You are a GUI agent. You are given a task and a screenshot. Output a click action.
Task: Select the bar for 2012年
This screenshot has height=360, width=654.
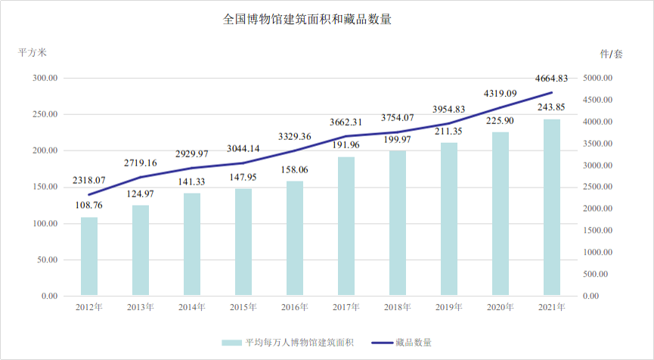pos(89,256)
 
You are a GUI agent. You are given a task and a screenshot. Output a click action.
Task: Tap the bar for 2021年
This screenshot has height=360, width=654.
pos(552,207)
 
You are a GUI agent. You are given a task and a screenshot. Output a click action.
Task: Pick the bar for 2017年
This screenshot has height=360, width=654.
pos(346,226)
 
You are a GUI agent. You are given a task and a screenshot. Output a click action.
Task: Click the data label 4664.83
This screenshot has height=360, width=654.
pos(552,78)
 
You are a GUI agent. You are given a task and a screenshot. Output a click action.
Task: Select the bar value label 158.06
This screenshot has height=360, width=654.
pos(295,171)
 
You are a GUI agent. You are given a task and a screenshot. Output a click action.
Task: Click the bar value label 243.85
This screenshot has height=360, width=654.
pos(552,107)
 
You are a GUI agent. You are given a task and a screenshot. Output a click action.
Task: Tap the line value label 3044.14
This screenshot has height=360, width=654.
pos(243,148)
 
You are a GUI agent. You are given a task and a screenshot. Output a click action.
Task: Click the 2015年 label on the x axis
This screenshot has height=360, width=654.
pos(243,307)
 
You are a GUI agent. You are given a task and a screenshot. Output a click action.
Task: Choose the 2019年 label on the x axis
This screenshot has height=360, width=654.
pos(449,307)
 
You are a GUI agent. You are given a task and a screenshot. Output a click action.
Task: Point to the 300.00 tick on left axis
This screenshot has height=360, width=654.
pos(45,78)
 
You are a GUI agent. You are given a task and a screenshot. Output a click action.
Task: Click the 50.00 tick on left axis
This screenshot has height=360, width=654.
pos(48,259)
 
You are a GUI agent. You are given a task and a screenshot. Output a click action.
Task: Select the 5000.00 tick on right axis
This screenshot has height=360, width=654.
pos(601,78)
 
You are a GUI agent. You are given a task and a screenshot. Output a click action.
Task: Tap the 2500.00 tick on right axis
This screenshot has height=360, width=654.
pos(601,187)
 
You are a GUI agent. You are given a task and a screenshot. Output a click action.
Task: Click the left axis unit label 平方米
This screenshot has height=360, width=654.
pos(33,53)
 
